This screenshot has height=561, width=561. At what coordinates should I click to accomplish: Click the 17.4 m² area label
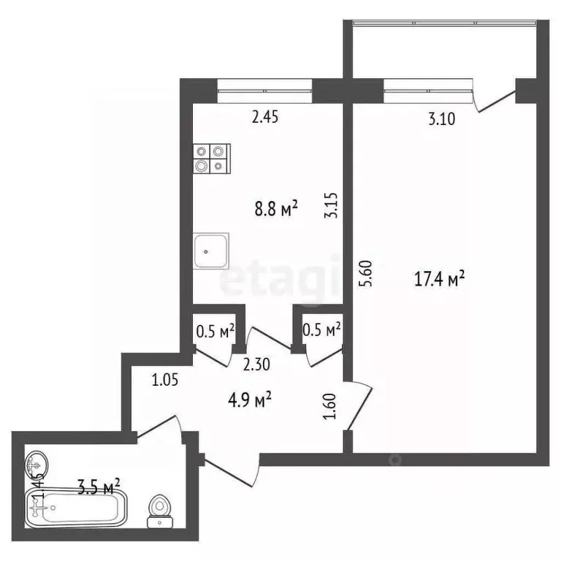pos(440,279)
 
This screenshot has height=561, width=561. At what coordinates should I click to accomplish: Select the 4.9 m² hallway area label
pos(249,399)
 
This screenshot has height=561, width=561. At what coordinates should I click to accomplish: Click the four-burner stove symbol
pos(212,158)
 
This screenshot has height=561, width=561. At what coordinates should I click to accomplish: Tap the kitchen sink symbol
pos(211,250)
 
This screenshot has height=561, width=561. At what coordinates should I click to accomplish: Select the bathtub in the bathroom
pos(76,507)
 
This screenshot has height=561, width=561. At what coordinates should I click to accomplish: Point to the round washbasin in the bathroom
pos(37,463)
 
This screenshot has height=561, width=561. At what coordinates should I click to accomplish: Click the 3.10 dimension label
pos(440,121)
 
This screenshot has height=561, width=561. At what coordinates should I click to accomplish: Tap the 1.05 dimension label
pos(166,379)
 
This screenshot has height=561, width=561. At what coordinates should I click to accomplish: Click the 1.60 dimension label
pos(329,405)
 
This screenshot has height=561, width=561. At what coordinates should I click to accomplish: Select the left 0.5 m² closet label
pos(215,330)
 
